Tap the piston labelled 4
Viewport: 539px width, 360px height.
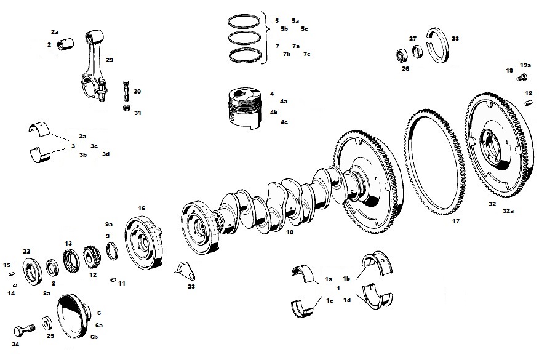coord(244,109)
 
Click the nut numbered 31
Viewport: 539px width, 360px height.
coord(127,108)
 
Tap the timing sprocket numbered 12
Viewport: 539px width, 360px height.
coord(90,258)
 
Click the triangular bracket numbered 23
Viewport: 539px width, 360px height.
coord(185,271)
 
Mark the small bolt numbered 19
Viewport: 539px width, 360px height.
coord(522,78)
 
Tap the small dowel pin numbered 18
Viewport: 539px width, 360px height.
coord(529,103)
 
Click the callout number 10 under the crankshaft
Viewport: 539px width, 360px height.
coord(290,233)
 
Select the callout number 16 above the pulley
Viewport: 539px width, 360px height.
coord(142,209)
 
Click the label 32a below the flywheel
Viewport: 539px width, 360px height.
coord(508,211)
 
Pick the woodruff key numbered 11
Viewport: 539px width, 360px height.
coord(113,279)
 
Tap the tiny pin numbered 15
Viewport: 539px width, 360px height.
coord(11,274)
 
